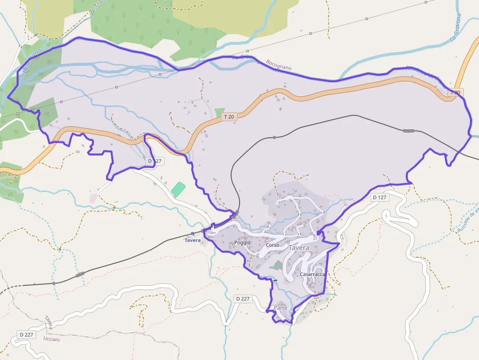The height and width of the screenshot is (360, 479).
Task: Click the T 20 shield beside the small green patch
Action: (x=228, y=117)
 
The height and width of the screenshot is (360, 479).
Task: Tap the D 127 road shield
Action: (x=379, y=198)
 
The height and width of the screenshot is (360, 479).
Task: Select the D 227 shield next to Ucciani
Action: (x=26, y=335)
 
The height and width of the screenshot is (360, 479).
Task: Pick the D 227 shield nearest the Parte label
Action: (x=242, y=298)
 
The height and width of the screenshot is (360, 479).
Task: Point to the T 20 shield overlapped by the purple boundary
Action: (x=455, y=92)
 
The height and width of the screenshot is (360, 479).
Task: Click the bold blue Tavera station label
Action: (x=193, y=240)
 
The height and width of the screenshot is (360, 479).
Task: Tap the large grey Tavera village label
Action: (x=299, y=248)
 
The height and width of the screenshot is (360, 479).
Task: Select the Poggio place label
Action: (x=242, y=243)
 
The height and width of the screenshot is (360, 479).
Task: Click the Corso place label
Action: (x=272, y=245)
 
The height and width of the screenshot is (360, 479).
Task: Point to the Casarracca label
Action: (x=312, y=275)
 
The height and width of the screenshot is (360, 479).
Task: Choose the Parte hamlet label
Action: (x=281, y=308)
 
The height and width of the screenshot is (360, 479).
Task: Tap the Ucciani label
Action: (x=51, y=339)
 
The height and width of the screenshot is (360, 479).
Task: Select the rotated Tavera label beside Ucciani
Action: (x=49, y=322)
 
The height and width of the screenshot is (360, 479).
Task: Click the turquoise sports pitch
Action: (x=178, y=189)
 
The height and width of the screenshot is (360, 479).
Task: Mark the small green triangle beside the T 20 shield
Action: (x=219, y=113)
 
